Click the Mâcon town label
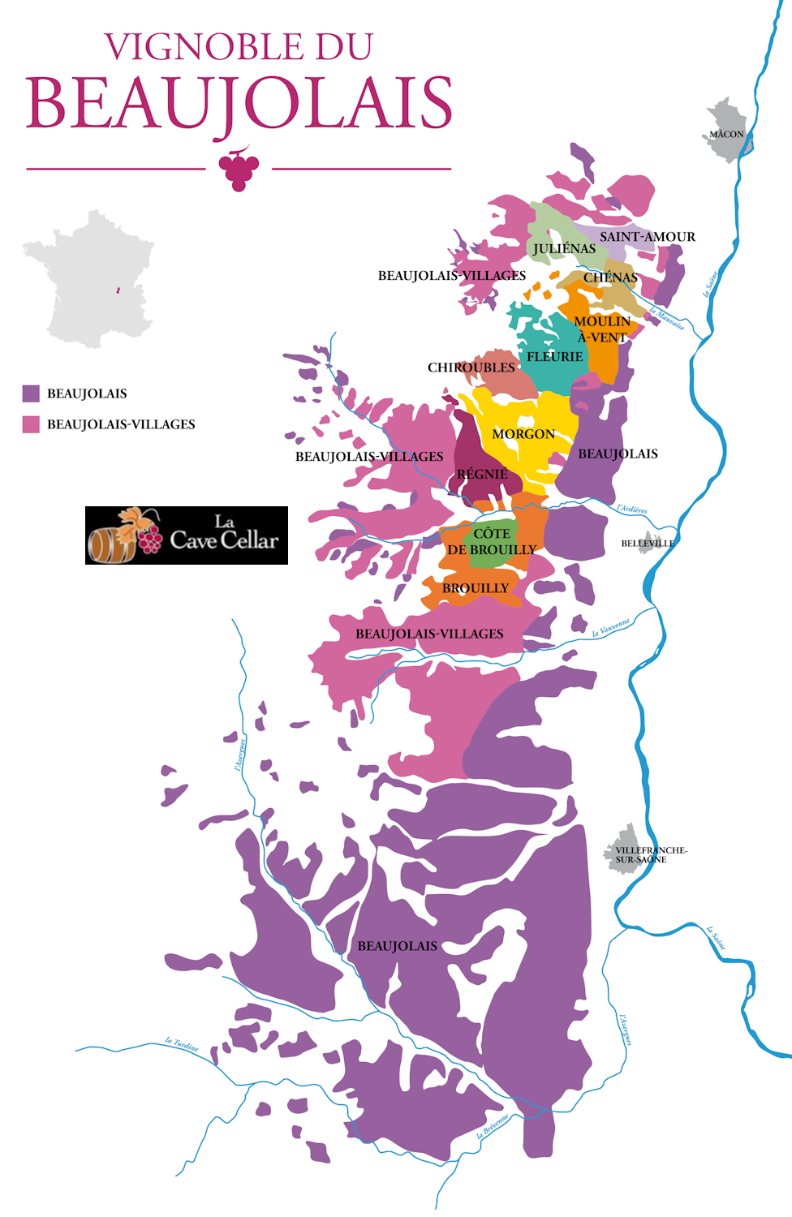click(726, 134)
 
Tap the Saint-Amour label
click(647, 237)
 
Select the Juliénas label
click(564, 249)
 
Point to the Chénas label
click(610, 277)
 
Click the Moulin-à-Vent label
click(602, 329)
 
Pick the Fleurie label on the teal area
click(554, 357)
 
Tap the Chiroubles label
click(471, 368)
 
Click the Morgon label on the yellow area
click(523, 434)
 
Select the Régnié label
click(482, 474)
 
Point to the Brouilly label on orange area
click(476, 588)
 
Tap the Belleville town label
click(648, 544)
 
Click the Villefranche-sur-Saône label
click(649, 854)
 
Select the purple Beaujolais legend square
click(31, 393)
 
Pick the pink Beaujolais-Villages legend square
click(31, 424)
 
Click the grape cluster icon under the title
click(239, 168)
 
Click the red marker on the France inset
click(118, 290)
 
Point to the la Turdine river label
click(181, 1044)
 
